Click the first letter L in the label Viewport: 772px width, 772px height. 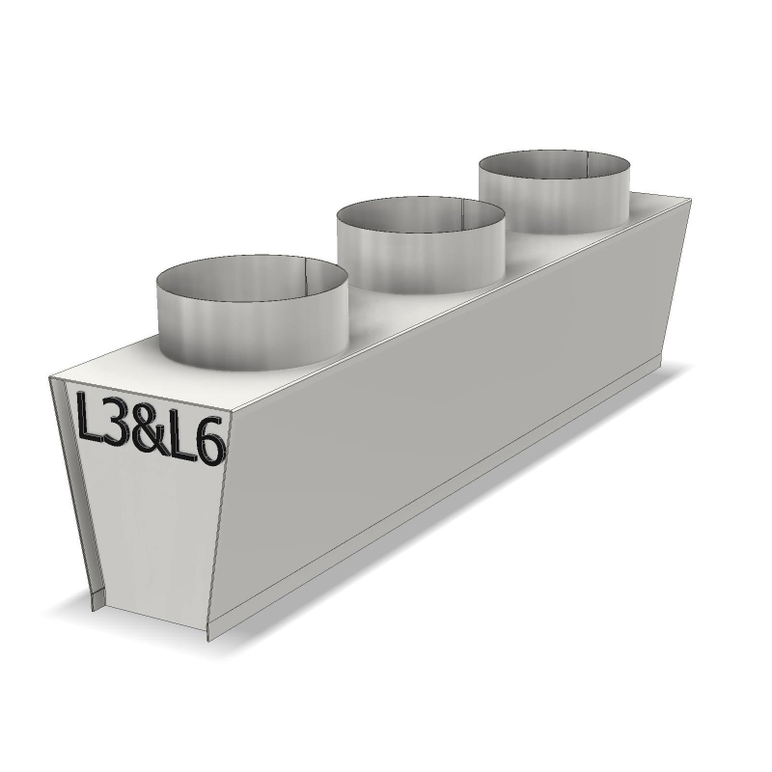click(89, 417)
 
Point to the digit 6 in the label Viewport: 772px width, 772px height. click(210, 441)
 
